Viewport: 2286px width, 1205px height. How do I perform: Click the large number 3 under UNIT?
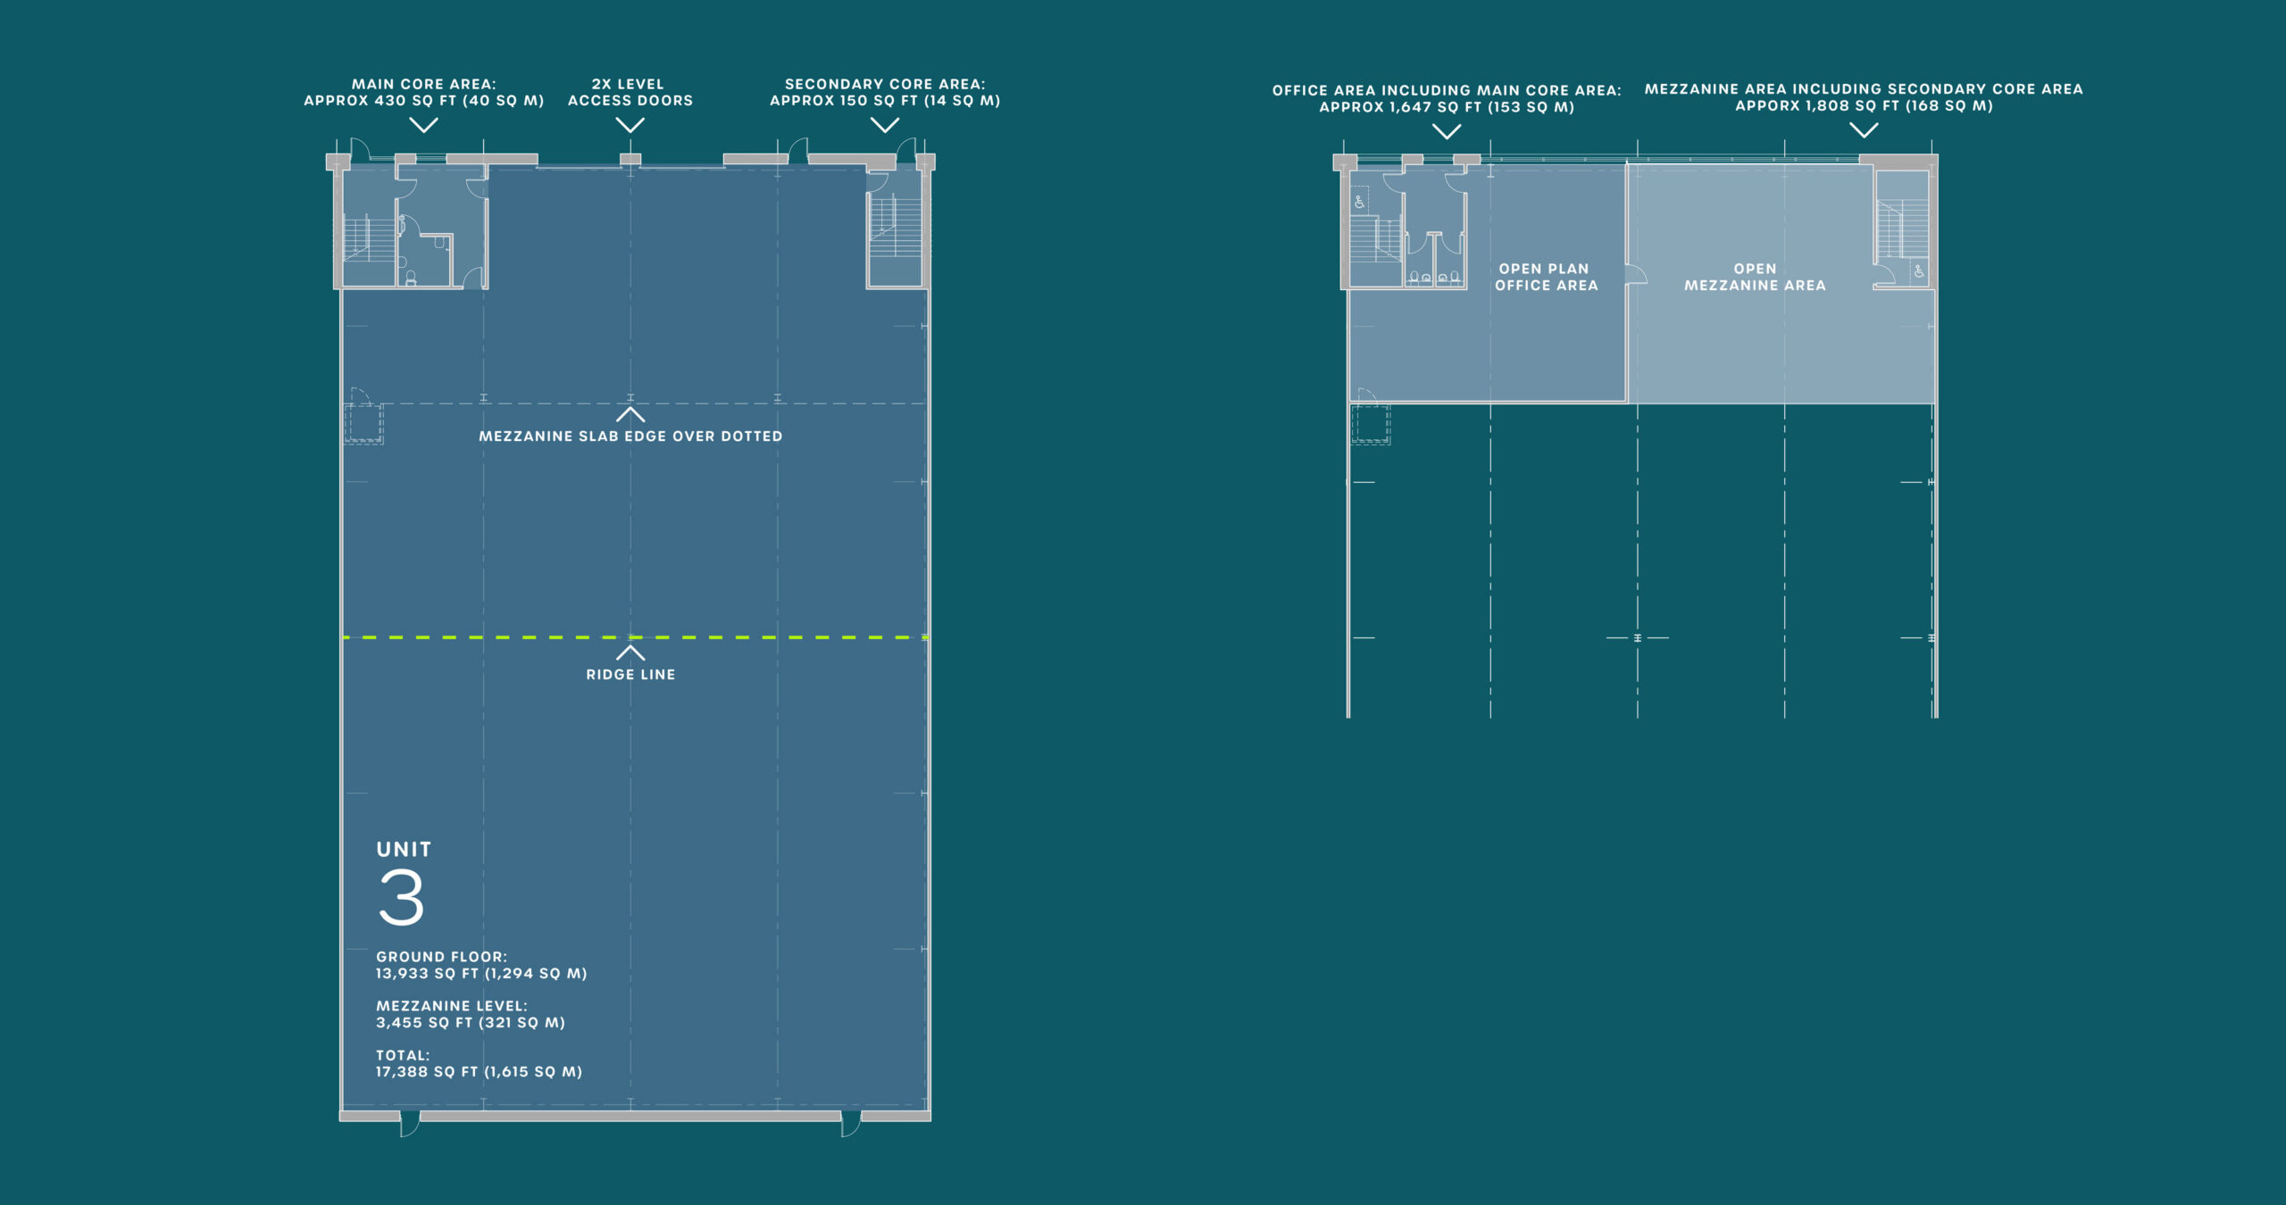click(x=401, y=897)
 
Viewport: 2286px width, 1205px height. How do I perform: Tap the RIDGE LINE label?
click(x=630, y=675)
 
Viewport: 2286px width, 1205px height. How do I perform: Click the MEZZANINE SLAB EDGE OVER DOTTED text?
click(x=630, y=436)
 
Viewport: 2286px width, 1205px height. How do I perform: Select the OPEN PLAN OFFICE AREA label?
click(x=1546, y=277)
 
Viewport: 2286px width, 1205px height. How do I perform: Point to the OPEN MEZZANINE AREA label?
click(x=1755, y=277)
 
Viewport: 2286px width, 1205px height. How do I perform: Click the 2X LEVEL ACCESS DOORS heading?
click(x=630, y=92)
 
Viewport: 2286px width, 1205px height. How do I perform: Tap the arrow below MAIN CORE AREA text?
click(x=423, y=125)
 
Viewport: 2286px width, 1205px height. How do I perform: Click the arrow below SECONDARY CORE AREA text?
click(x=885, y=125)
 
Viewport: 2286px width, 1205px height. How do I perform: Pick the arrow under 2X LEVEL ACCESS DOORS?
click(x=630, y=125)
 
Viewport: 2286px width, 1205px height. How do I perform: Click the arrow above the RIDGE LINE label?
click(x=630, y=652)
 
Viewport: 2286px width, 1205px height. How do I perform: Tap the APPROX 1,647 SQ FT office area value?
click(x=1447, y=107)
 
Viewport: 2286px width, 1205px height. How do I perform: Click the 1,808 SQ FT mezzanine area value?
click(x=1864, y=106)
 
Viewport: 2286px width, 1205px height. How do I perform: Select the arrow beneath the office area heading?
click(x=1447, y=131)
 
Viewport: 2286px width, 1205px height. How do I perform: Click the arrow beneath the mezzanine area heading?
click(x=1864, y=130)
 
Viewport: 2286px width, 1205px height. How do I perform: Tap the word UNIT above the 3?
click(x=404, y=850)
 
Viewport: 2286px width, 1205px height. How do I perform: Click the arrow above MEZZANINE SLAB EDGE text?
click(x=630, y=414)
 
